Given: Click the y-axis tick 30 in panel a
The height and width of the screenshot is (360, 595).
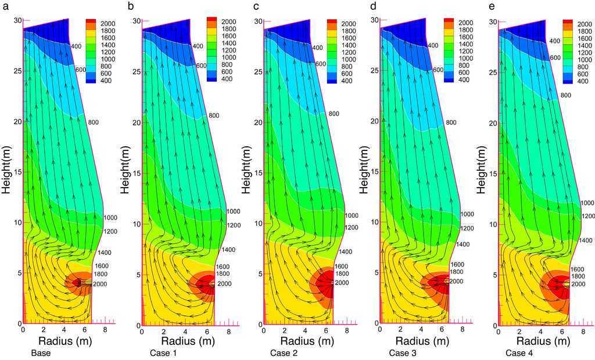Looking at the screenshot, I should (x=17, y=20).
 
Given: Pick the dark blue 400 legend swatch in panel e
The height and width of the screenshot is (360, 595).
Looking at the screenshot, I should (x=567, y=81).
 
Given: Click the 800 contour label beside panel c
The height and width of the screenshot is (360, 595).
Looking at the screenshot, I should (x=334, y=114).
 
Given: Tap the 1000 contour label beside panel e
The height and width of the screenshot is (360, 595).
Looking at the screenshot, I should (x=587, y=203).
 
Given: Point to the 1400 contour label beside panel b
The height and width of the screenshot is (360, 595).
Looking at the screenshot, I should (x=228, y=249).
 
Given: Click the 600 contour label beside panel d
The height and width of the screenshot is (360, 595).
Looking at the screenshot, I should (x=438, y=70).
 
